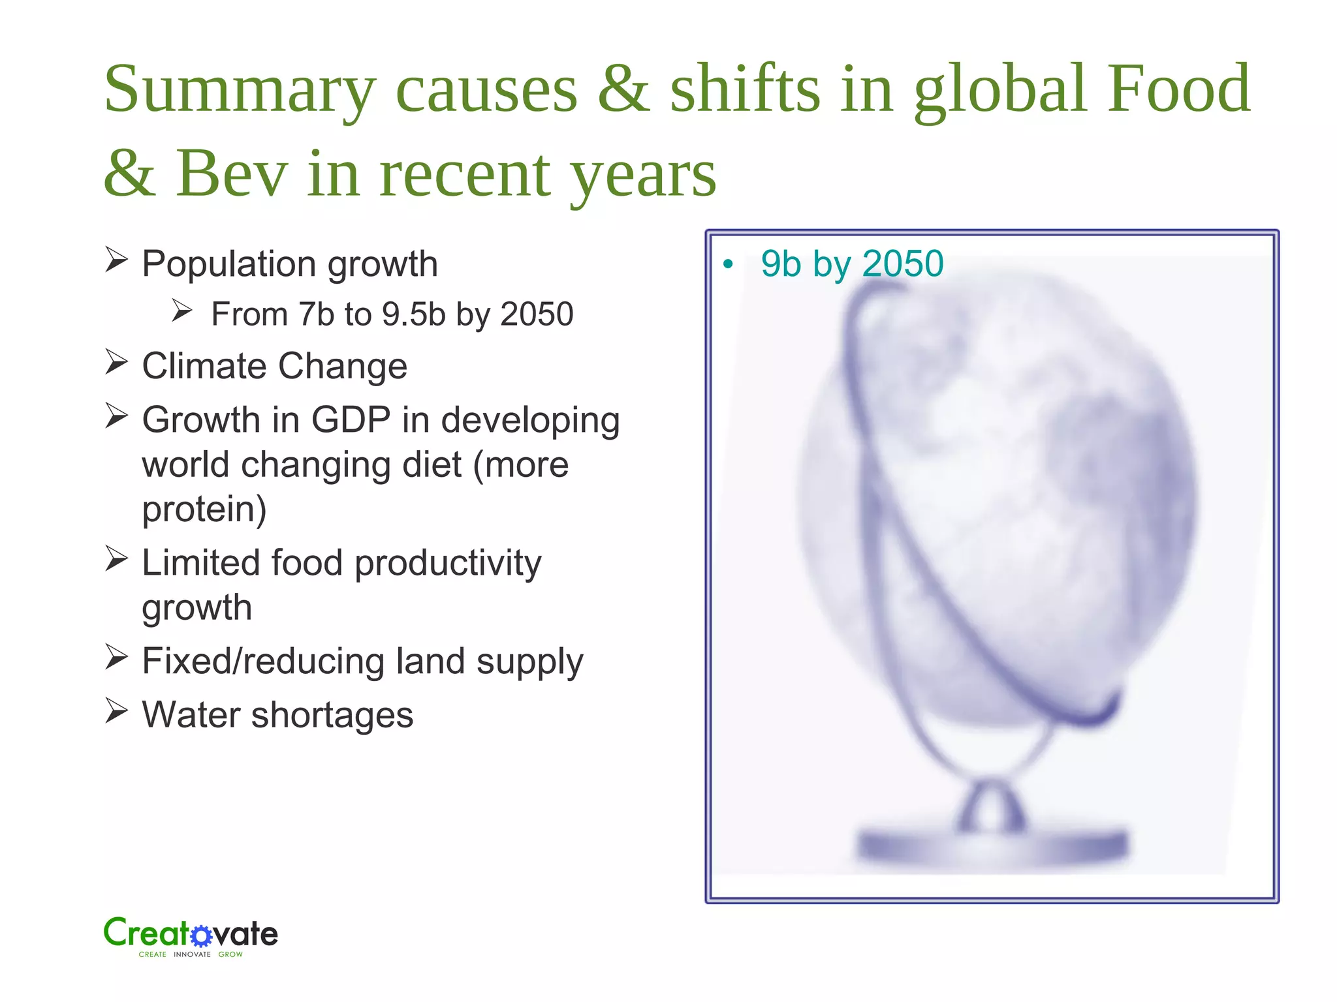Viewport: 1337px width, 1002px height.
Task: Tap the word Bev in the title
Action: click(x=232, y=174)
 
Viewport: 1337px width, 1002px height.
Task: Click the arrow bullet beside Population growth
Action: click(x=116, y=260)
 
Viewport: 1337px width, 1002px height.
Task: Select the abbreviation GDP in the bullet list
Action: click(x=351, y=419)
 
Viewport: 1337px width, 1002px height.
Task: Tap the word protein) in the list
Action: click(x=204, y=509)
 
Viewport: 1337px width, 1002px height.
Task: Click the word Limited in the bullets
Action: click(x=201, y=562)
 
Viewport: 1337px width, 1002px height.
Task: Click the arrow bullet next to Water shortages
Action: click(x=116, y=711)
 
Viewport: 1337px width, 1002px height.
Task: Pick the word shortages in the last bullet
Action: click(x=332, y=715)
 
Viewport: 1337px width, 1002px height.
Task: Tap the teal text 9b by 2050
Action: click(x=852, y=264)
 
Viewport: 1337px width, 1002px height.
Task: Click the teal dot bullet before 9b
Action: click(x=728, y=265)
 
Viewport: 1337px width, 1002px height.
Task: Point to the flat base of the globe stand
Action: click(x=992, y=846)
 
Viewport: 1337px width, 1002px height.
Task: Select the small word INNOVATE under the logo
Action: click(x=192, y=954)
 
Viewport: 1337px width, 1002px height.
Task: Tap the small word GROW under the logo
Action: click(x=230, y=954)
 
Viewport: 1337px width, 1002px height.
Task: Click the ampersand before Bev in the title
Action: click(x=130, y=174)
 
